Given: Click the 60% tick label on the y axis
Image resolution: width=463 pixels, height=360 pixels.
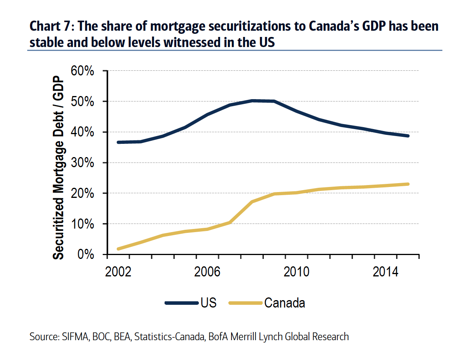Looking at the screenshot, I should [82, 71].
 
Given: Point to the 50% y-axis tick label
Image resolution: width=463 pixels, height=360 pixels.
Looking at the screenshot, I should [82, 102].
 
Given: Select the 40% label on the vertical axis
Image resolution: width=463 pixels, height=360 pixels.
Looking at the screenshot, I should [82, 133].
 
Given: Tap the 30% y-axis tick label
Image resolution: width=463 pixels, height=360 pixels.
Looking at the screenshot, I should [82, 163].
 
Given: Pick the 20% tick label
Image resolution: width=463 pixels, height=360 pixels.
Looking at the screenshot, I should [82, 194].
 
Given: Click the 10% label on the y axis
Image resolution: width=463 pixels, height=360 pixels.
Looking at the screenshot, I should [82, 224].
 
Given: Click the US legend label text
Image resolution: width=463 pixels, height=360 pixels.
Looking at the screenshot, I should [209, 303].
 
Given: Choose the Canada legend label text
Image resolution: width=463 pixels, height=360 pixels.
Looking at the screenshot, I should [284, 303].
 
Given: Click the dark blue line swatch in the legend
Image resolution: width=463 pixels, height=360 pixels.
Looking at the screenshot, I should [181, 303].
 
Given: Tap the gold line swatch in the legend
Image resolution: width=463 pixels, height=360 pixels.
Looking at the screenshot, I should [245, 303].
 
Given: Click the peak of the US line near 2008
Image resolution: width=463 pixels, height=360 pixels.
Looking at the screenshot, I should [253, 101].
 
